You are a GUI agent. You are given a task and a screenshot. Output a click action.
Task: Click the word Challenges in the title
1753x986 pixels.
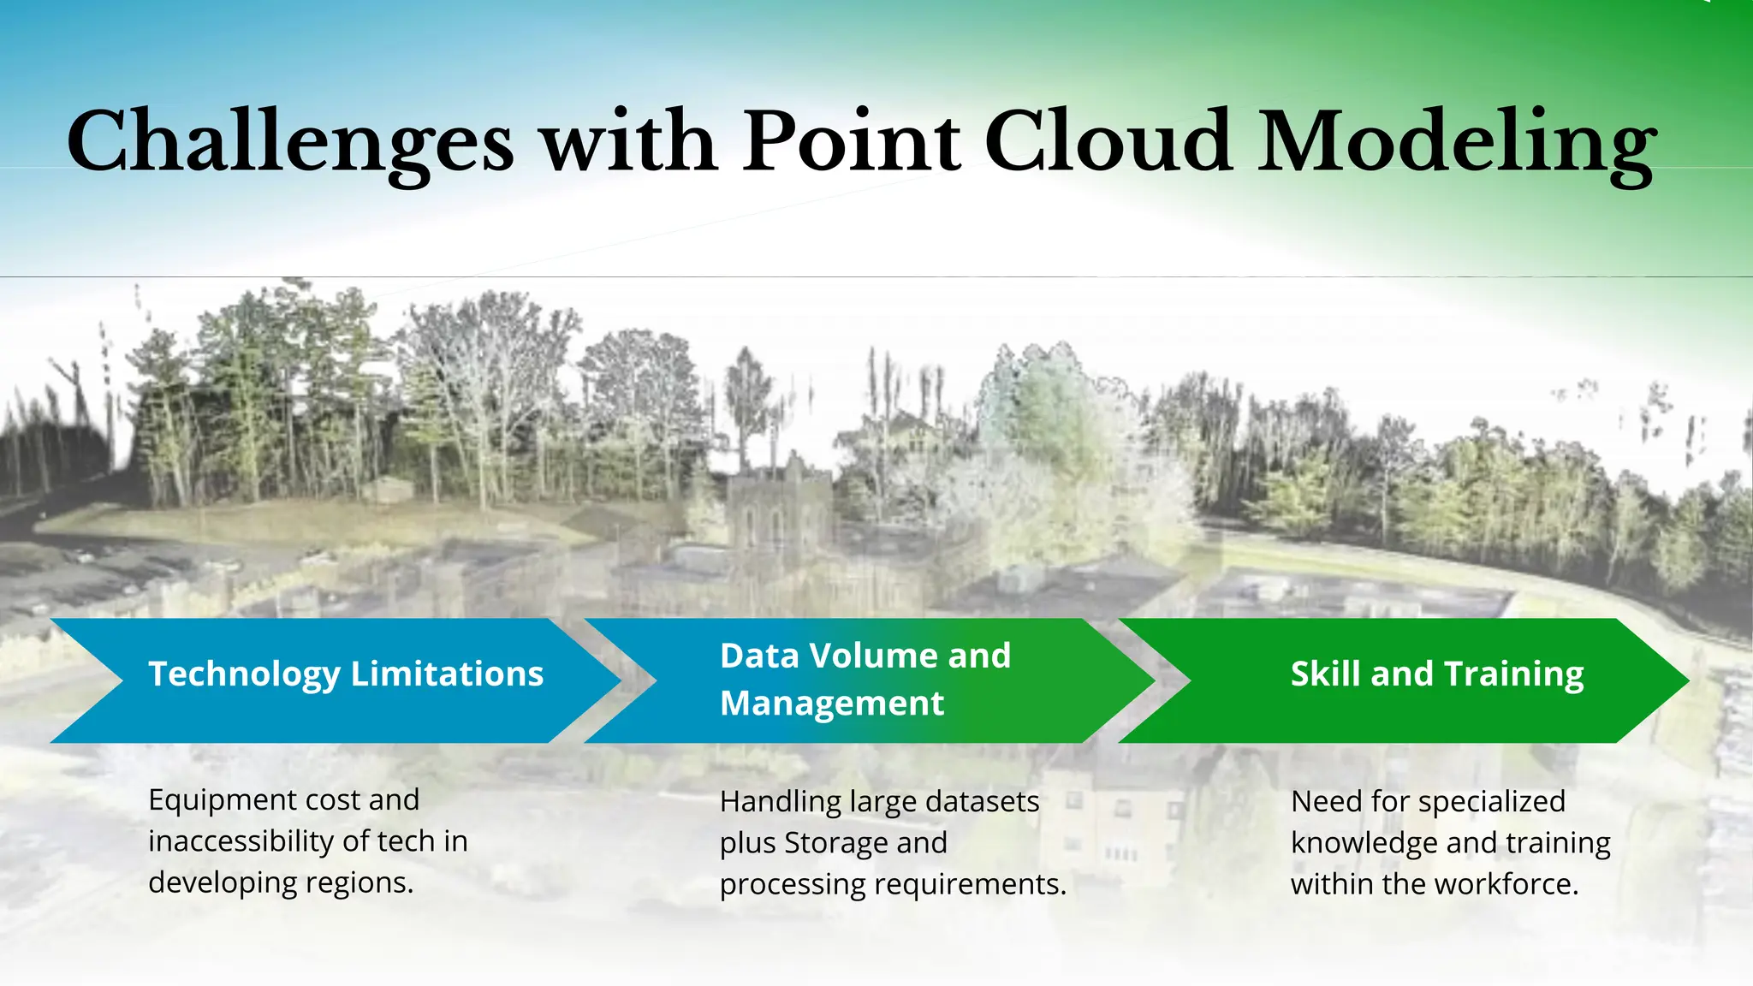click(x=290, y=143)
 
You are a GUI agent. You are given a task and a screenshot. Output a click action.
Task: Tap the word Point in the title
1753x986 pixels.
click(x=852, y=141)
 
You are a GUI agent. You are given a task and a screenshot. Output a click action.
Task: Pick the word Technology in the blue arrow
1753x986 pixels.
click(x=244, y=674)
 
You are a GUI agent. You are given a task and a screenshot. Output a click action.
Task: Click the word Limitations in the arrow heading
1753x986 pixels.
click(x=447, y=674)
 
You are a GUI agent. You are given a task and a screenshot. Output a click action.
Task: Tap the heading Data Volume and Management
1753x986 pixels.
click(x=865, y=680)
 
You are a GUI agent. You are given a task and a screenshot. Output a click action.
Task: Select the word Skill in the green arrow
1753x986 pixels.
click(x=1325, y=674)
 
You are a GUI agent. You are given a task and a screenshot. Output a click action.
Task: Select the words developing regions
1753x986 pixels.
click(x=280, y=882)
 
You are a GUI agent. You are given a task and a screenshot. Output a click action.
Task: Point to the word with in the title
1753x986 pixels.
click(x=629, y=141)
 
